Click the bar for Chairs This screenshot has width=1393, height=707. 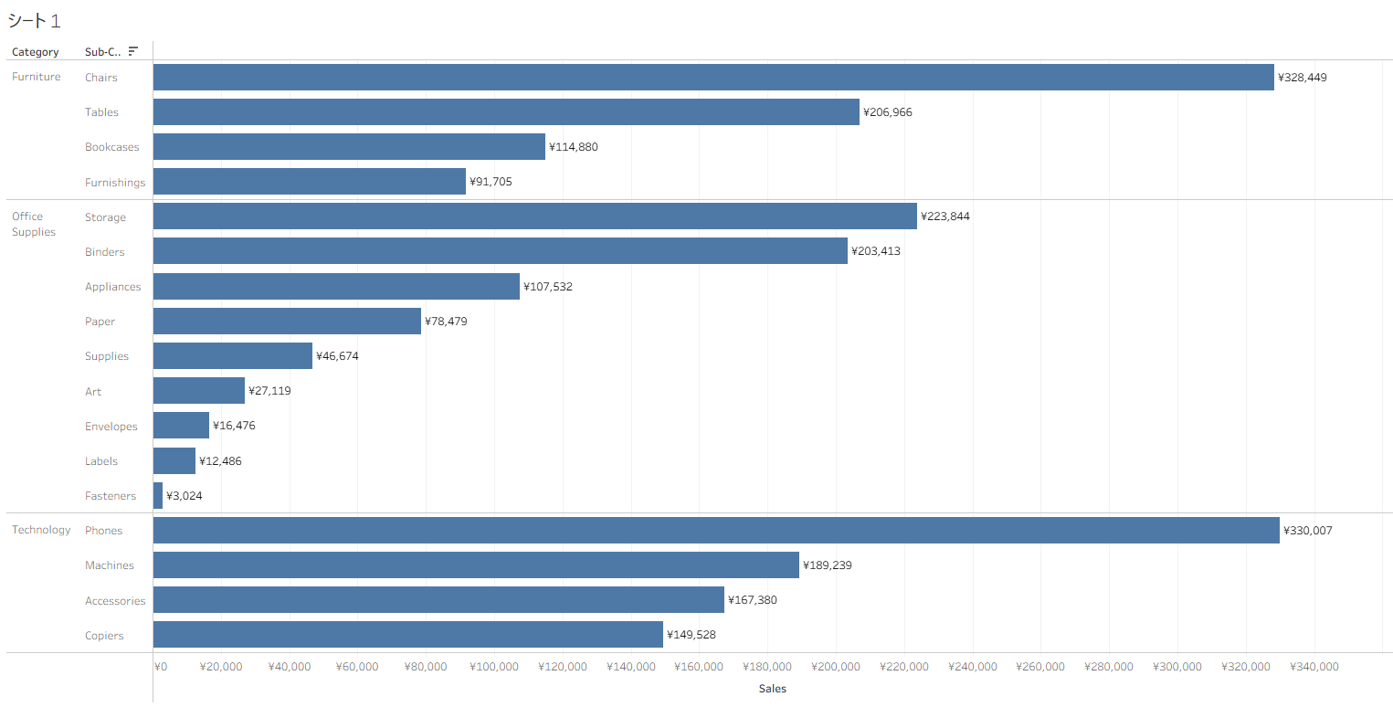pos(712,78)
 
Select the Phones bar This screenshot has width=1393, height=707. pos(716,531)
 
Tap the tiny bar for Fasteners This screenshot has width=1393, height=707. pos(158,496)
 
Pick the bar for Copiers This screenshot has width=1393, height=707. pos(407,635)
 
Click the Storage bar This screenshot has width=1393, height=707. pos(534,216)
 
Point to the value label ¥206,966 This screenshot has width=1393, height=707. pos(888,112)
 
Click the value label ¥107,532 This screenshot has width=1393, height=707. pos(548,287)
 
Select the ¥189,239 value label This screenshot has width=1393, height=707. pos(828,565)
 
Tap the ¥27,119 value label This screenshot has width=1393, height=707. pos(270,391)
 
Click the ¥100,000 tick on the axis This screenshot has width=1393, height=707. pos(494,667)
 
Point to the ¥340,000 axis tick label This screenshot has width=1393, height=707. pos(1314,667)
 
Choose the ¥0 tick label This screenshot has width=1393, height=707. pos(161,667)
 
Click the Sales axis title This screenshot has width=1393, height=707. pos(772,689)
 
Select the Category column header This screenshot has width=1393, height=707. pos(35,52)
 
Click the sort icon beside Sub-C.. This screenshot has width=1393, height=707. pos(133,51)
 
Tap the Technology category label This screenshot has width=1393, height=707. pos(41,530)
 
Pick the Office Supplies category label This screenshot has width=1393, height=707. pos(34,224)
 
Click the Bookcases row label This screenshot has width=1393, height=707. pos(112,147)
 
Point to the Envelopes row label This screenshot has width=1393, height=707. pos(111,427)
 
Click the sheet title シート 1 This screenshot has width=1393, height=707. pos(34,21)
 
